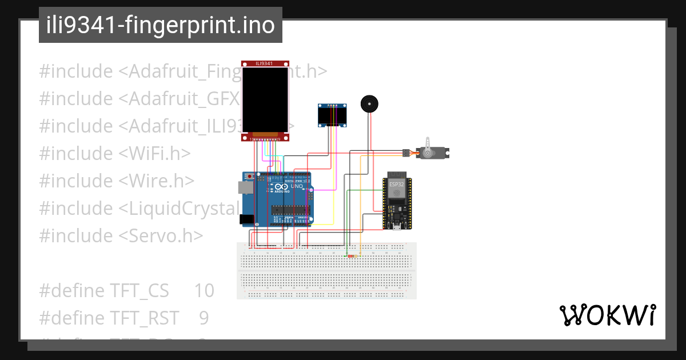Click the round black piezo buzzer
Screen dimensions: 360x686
369,104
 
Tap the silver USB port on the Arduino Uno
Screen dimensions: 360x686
244,187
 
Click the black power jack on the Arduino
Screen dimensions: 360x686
246,218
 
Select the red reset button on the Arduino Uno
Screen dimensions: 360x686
250,176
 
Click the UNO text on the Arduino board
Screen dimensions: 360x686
297,186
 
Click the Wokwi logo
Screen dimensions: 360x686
607,315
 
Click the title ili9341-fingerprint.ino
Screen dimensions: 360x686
161,25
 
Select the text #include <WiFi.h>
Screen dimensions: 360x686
115,154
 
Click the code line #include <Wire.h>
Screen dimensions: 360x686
117,181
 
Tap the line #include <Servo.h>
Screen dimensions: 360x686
121,236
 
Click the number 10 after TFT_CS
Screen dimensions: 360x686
204,291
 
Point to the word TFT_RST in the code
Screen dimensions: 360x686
144,318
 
